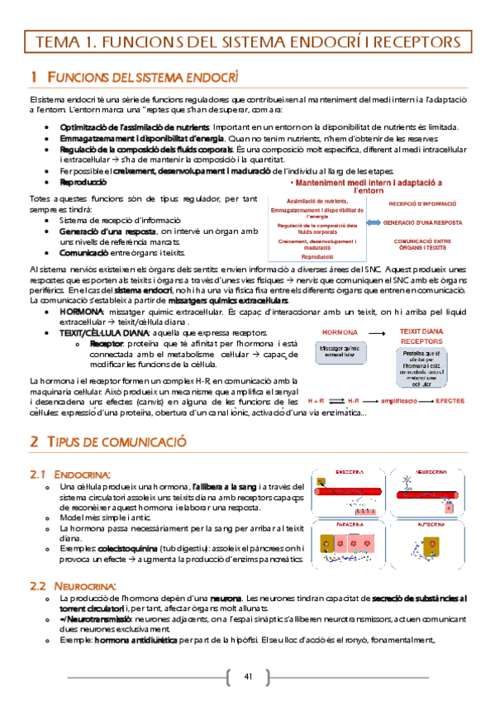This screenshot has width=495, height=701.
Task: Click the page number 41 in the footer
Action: pyautogui.click(x=248, y=678)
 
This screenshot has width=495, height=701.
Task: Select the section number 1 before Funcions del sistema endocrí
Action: pyautogui.click(x=33, y=77)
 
